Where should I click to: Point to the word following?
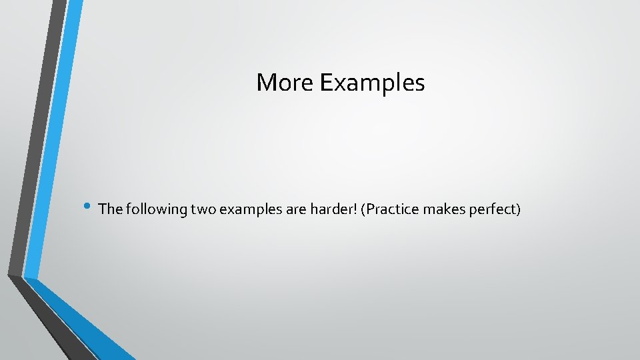[155, 209]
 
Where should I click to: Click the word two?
[203, 209]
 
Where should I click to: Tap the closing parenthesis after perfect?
[517, 209]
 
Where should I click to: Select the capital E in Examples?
[326, 83]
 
